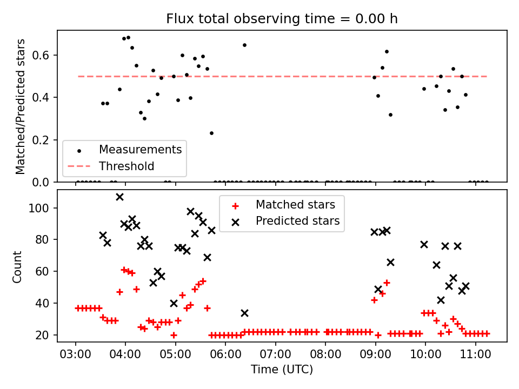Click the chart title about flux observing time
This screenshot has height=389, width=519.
(x=282, y=18)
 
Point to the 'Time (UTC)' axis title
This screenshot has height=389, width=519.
(x=282, y=369)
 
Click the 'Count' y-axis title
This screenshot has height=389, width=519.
(x=17, y=267)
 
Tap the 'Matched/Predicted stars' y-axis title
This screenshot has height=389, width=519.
(x=20, y=106)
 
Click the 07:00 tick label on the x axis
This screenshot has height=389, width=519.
(x=275, y=354)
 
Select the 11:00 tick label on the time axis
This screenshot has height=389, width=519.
(x=476, y=354)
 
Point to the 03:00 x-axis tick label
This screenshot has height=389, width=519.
(x=75, y=354)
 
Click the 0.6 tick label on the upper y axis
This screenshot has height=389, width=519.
(x=41, y=55)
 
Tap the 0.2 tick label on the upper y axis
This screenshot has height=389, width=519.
(x=41, y=140)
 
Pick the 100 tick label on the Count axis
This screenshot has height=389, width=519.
(x=39, y=209)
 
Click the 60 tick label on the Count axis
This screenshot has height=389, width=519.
(x=42, y=272)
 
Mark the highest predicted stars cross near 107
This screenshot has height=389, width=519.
(x=120, y=197)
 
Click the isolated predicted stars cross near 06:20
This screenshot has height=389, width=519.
(x=244, y=313)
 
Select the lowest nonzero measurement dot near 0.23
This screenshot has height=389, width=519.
(x=211, y=133)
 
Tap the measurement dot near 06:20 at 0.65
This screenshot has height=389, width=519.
(x=244, y=45)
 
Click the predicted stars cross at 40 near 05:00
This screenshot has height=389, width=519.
(x=174, y=303)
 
